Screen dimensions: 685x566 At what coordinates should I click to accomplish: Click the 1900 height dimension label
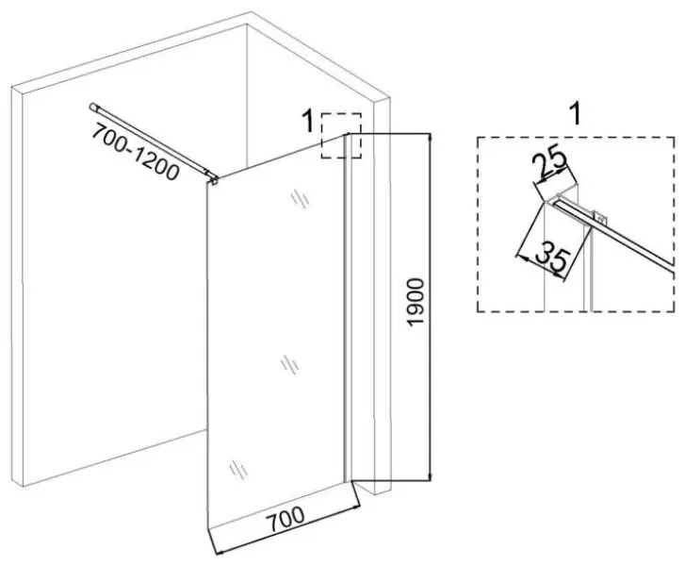pos(416,302)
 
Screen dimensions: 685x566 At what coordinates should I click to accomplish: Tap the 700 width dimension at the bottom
pos(286,519)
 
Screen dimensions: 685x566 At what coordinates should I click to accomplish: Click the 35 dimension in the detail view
pos(552,260)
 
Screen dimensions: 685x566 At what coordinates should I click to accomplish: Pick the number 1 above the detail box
pos(577,114)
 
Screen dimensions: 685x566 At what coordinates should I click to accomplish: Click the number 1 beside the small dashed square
pos(308,121)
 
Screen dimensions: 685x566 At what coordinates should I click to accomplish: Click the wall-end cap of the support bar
pos(92,107)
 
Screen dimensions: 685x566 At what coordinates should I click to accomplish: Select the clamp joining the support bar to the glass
pos(213,178)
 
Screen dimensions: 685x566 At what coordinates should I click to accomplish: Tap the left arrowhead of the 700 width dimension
pos(220,553)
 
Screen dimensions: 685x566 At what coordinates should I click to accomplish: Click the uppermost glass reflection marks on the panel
pos(301,199)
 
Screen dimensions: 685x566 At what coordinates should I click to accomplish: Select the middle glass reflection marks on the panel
pos(290,365)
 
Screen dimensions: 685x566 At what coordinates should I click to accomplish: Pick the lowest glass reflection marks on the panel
pos(238,470)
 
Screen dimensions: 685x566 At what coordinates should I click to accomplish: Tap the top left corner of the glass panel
pos(207,183)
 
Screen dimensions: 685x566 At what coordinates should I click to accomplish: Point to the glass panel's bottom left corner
pos(208,529)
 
